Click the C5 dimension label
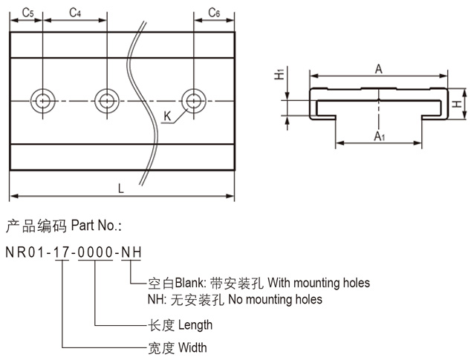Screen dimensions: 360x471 tap(27, 13)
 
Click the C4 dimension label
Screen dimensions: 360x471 tap(75, 13)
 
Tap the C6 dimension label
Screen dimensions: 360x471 tap(213, 13)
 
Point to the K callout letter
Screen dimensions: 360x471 tap(167, 117)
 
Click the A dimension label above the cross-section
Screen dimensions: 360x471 tap(378, 69)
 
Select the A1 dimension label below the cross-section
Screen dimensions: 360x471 tap(379, 135)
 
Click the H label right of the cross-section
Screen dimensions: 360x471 tap(457, 105)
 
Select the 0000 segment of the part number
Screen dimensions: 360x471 tap(94, 252)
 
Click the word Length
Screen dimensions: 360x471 tap(195, 324)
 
